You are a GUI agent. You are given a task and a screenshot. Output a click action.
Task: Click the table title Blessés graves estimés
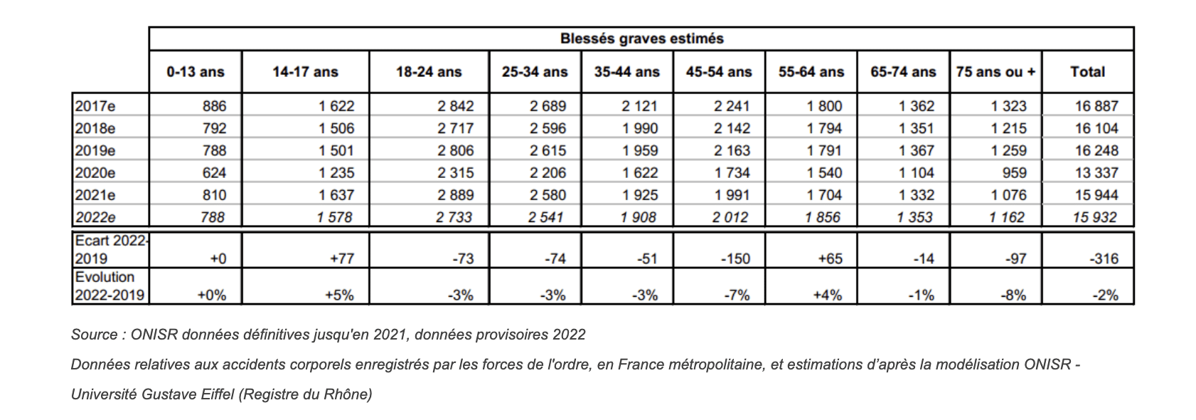[x=642, y=38]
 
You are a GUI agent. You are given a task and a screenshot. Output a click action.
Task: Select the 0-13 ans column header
[x=196, y=72]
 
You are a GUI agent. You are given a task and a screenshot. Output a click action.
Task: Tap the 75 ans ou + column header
[x=995, y=72]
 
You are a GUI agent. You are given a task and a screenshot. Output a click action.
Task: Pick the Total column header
[x=1088, y=72]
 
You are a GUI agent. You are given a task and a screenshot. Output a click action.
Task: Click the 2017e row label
[x=95, y=106]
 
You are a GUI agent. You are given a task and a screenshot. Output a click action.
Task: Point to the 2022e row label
[x=95, y=217]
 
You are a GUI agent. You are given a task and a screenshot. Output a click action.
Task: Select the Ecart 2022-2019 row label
[x=111, y=250]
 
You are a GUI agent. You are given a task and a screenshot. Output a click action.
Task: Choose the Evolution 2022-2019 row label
[x=110, y=286]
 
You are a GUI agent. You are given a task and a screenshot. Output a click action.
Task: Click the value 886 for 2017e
[x=214, y=106]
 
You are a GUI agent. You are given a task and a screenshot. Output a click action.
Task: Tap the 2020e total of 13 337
[x=1096, y=172]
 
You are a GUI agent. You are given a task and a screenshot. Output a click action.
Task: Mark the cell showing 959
[x=1015, y=172]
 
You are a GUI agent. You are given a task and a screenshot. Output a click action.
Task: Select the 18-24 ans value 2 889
[x=456, y=195]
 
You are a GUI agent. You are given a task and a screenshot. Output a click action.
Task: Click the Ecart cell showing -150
[x=735, y=258]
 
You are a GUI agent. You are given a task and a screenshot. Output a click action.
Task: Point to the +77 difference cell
[x=342, y=258]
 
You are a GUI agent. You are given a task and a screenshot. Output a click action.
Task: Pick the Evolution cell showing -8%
[x=1013, y=295]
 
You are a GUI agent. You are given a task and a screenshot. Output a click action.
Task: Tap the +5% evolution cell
[x=340, y=295]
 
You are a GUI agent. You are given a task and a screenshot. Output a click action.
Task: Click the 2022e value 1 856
[x=823, y=217]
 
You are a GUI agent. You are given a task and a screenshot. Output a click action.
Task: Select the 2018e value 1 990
[x=640, y=128]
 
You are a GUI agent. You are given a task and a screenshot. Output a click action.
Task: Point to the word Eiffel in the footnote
[x=218, y=394]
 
